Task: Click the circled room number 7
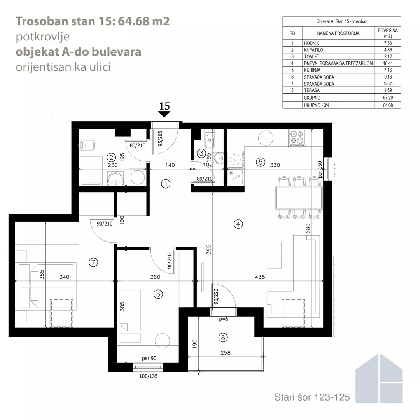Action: tap(93, 262)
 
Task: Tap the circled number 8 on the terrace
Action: tap(223, 338)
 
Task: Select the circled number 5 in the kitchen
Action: tap(260, 162)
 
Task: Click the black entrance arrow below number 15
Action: tap(164, 114)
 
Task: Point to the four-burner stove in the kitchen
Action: tap(297, 137)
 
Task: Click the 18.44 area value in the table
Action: tap(388, 63)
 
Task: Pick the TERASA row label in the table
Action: tap(312, 90)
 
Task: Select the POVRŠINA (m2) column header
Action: tap(388, 33)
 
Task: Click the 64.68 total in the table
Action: tap(388, 105)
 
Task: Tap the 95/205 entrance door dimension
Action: tap(160, 138)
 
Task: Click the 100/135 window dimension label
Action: tap(149, 376)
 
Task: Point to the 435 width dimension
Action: tap(260, 277)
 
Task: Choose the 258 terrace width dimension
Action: tap(226, 353)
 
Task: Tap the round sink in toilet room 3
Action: tap(220, 157)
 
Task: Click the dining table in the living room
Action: tap(299, 198)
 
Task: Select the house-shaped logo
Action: tap(379, 378)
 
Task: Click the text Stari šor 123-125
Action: tap(312, 397)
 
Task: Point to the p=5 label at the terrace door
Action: tap(224, 319)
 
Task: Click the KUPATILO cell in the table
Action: tap(313, 50)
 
